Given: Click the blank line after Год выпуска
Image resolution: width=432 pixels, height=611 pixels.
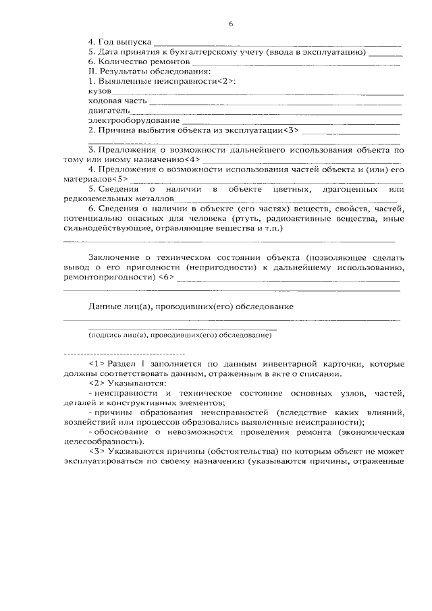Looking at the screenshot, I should pyautogui.click(x=277, y=43).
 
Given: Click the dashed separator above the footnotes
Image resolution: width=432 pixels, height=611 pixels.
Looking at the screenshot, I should pyautogui.click(x=124, y=354).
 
